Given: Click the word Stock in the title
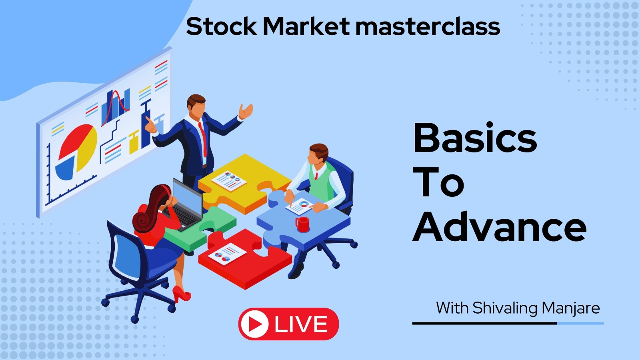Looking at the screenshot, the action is (x=222, y=26).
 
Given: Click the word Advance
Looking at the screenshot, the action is (x=500, y=227).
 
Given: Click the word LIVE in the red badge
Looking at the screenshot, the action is (x=301, y=324).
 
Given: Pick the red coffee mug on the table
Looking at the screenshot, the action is (x=302, y=224).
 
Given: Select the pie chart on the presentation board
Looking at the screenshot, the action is (x=76, y=152).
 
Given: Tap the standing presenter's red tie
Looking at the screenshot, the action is (x=203, y=139).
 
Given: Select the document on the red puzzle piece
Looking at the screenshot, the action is (x=227, y=254).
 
